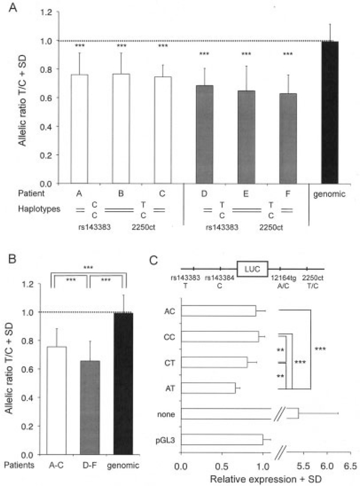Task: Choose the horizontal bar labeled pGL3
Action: tap(221, 439)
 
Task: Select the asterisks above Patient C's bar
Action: tap(162, 46)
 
